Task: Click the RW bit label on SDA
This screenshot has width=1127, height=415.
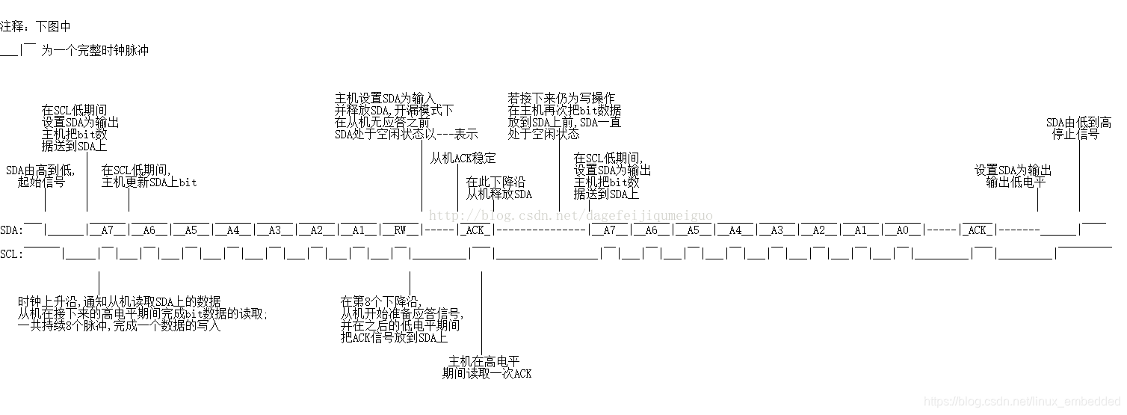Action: click(401, 230)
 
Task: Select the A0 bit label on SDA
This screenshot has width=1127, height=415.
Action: click(902, 230)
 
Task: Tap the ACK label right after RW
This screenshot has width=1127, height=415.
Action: click(475, 230)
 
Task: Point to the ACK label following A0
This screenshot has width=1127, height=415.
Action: click(978, 230)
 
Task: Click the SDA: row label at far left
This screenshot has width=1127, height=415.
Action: click(11, 230)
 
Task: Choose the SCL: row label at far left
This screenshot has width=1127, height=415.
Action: click(11, 253)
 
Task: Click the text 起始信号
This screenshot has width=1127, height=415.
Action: click(41, 182)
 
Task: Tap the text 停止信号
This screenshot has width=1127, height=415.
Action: click(1075, 135)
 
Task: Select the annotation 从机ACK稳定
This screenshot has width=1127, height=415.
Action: click(463, 159)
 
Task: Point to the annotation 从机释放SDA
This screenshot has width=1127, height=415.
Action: click(499, 194)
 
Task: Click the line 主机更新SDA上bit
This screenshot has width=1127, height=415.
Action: click(149, 182)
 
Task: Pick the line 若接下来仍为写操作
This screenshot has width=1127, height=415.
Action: click(561, 98)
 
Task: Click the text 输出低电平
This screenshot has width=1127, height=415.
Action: click(1016, 182)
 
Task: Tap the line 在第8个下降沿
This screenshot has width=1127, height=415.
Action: click(381, 301)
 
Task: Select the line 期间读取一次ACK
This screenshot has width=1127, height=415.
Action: click(487, 373)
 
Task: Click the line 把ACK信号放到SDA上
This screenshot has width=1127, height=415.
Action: click(394, 337)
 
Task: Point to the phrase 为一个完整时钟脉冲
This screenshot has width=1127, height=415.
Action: click(95, 50)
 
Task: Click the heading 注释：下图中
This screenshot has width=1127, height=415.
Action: click(35, 26)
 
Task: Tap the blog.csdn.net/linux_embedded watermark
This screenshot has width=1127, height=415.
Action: click(1022, 402)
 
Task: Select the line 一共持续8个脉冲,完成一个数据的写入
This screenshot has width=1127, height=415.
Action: click(120, 325)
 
